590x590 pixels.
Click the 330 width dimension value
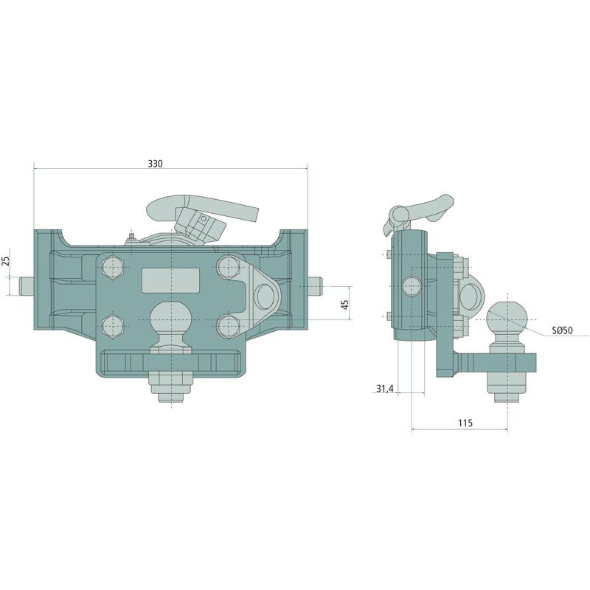pyautogui.click(x=155, y=164)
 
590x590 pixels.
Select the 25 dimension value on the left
pyautogui.click(x=6, y=261)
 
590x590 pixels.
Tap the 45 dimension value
pyautogui.click(x=344, y=304)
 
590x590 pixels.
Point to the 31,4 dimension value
pyautogui.click(x=384, y=389)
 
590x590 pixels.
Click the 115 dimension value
pyautogui.click(x=465, y=423)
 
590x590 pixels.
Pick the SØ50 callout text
pyautogui.click(x=562, y=330)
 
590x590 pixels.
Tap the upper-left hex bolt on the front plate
pyautogui.click(x=113, y=268)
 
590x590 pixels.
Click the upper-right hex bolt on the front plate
pyautogui.click(x=229, y=267)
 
